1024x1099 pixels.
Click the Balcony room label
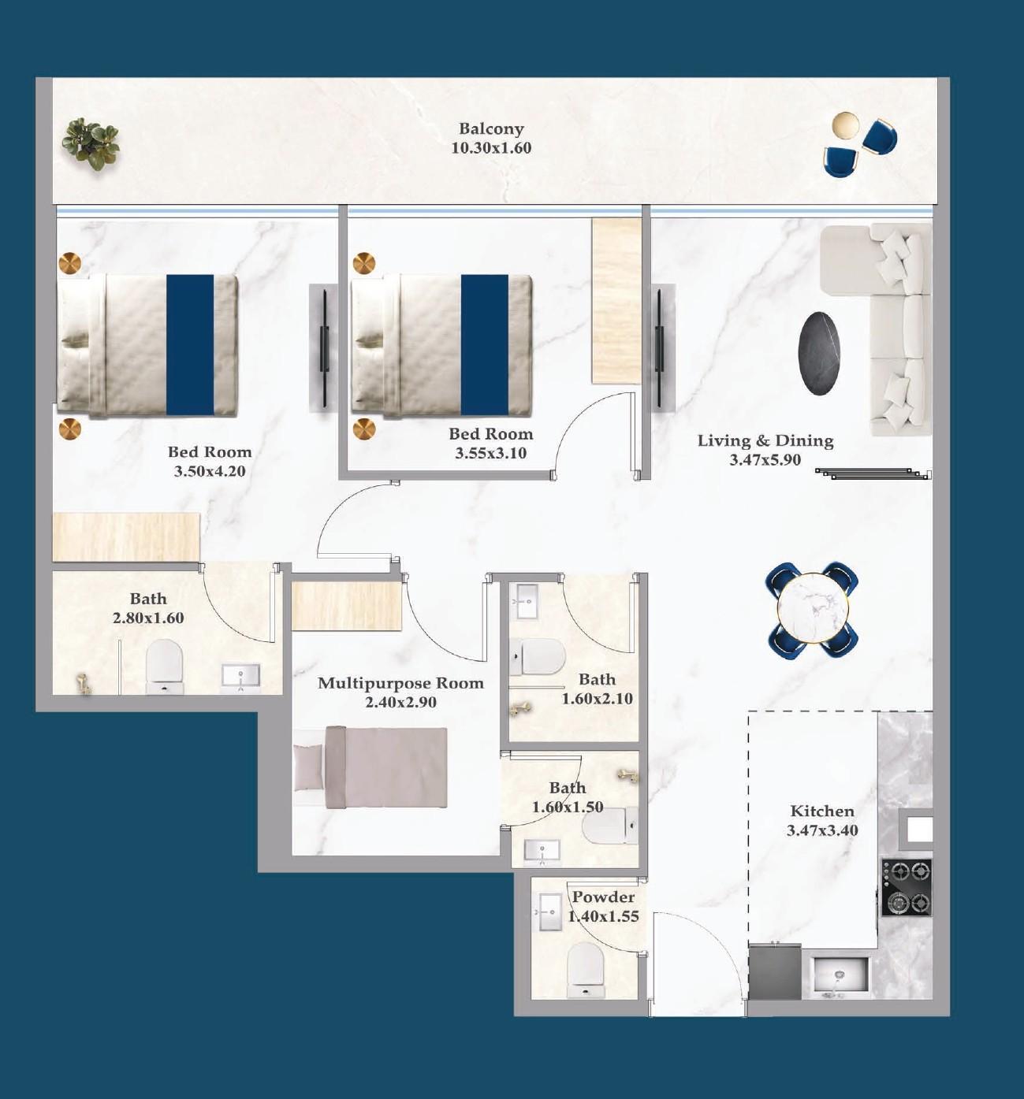pos(491,128)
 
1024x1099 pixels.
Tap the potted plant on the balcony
pos(91,143)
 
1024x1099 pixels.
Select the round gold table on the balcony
pos(845,125)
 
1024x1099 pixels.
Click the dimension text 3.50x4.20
pos(210,471)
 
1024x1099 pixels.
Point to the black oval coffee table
pos(819,353)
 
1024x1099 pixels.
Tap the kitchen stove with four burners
pos(907,887)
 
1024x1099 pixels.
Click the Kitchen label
pos(822,811)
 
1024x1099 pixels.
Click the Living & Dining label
pos(765,440)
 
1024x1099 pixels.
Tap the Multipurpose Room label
pos(400,683)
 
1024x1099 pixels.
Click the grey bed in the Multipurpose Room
pos(371,767)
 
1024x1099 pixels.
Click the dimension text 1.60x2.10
pos(597,698)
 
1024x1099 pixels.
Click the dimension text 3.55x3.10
pos(490,453)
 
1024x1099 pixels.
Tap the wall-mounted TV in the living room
pos(658,347)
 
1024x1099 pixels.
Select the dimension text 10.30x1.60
pos(491,148)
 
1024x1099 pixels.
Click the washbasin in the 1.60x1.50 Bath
pos(542,851)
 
